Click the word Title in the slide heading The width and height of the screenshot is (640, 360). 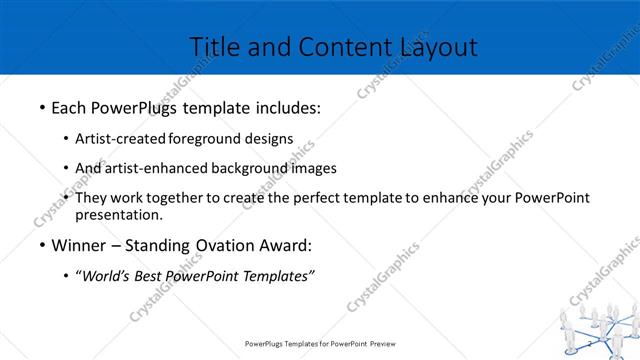coord(213,46)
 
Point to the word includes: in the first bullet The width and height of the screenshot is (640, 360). coord(285,105)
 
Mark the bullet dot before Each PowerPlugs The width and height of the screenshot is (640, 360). coord(41,106)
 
